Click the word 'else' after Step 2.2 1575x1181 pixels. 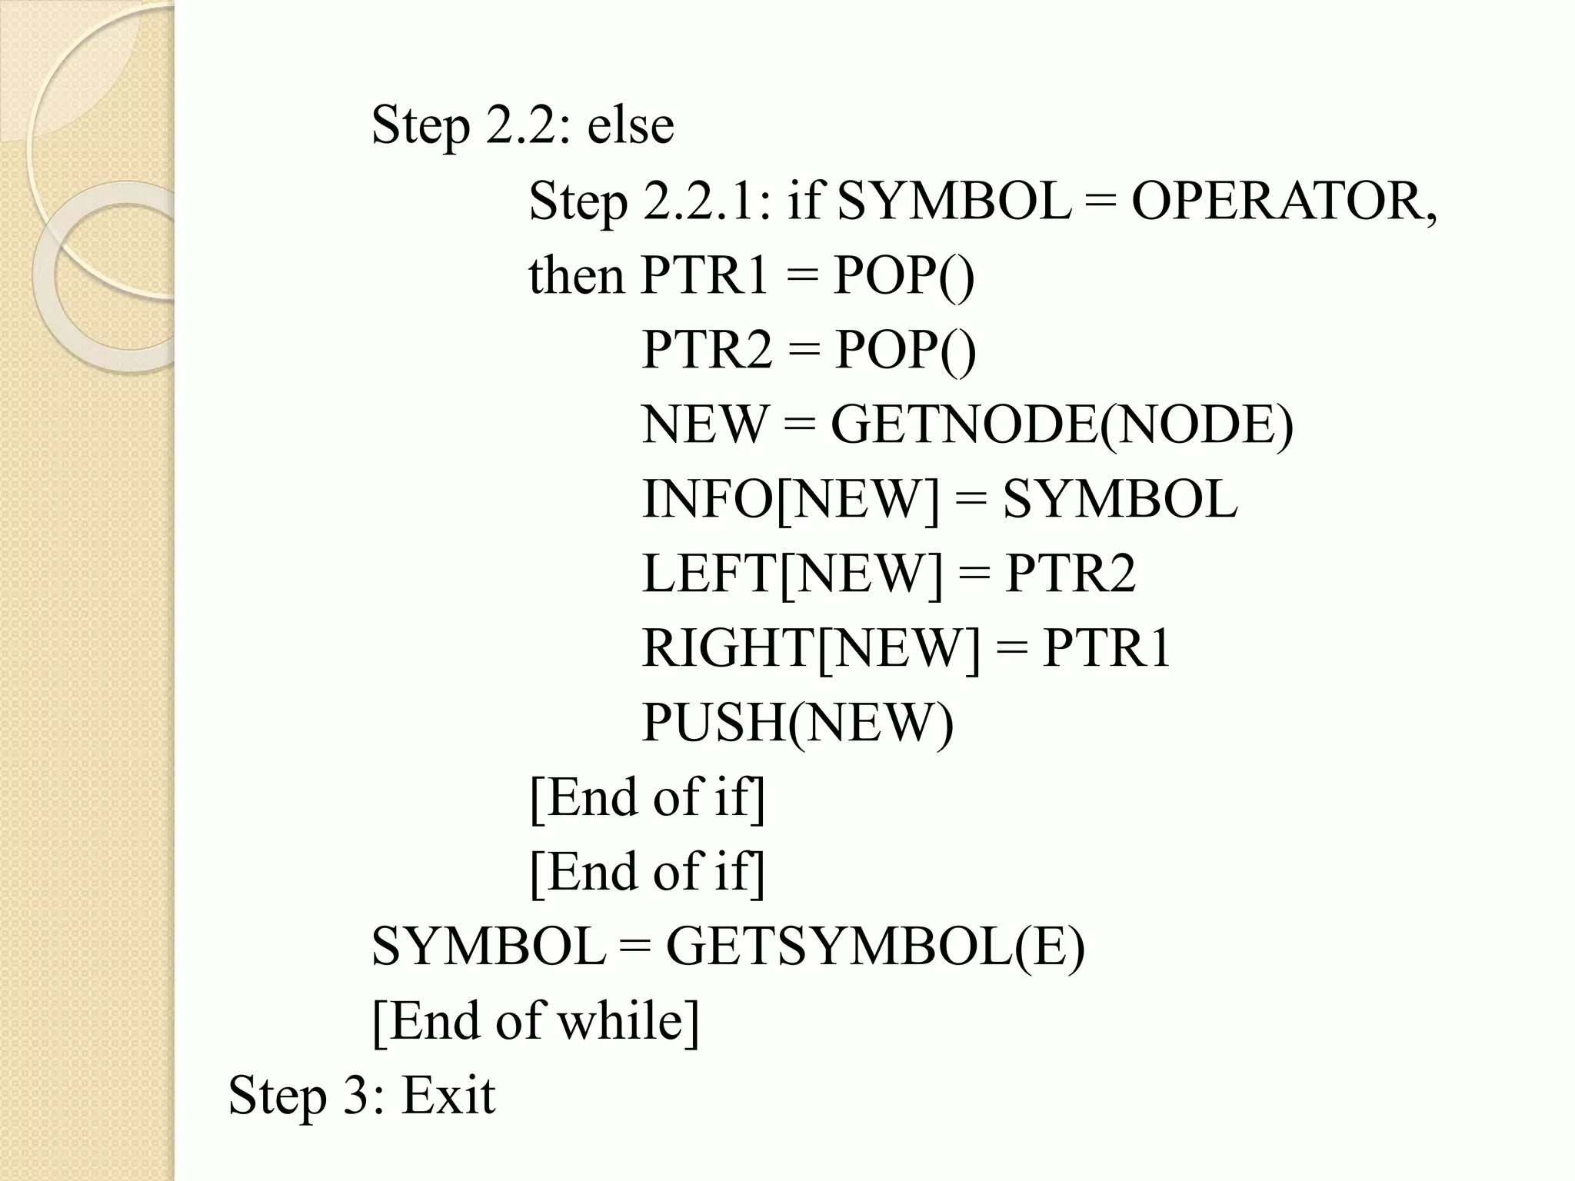pyautogui.click(x=631, y=125)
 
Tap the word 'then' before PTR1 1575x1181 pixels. pyautogui.click(x=576, y=275)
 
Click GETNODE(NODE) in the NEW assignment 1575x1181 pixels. pyautogui.click(x=1062, y=424)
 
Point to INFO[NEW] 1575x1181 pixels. pyautogui.click(x=791, y=499)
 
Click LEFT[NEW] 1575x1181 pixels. pyautogui.click(x=791, y=574)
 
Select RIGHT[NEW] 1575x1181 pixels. pyautogui.click(x=811, y=648)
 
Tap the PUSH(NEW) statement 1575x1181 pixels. pyautogui.click(x=797, y=723)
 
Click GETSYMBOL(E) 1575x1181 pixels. pyautogui.click(x=875, y=946)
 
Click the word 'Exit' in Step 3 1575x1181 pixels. pyautogui.click(x=448, y=1095)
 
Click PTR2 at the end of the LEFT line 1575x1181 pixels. pyautogui.click(x=1070, y=574)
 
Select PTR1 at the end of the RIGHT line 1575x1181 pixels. pyautogui.click(x=1106, y=648)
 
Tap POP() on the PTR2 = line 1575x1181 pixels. pyautogui.click(x=905, y=350)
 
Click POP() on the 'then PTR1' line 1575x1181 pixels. pyautogui.click(x=904, y=275)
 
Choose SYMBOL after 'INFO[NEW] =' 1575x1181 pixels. pyautogui.click(x=1120, y=499)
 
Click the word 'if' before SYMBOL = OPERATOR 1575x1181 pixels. pyautogui.click(x=804, y=201)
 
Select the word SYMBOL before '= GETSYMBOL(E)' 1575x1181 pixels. pyautogui.click(x=488, y=946)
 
